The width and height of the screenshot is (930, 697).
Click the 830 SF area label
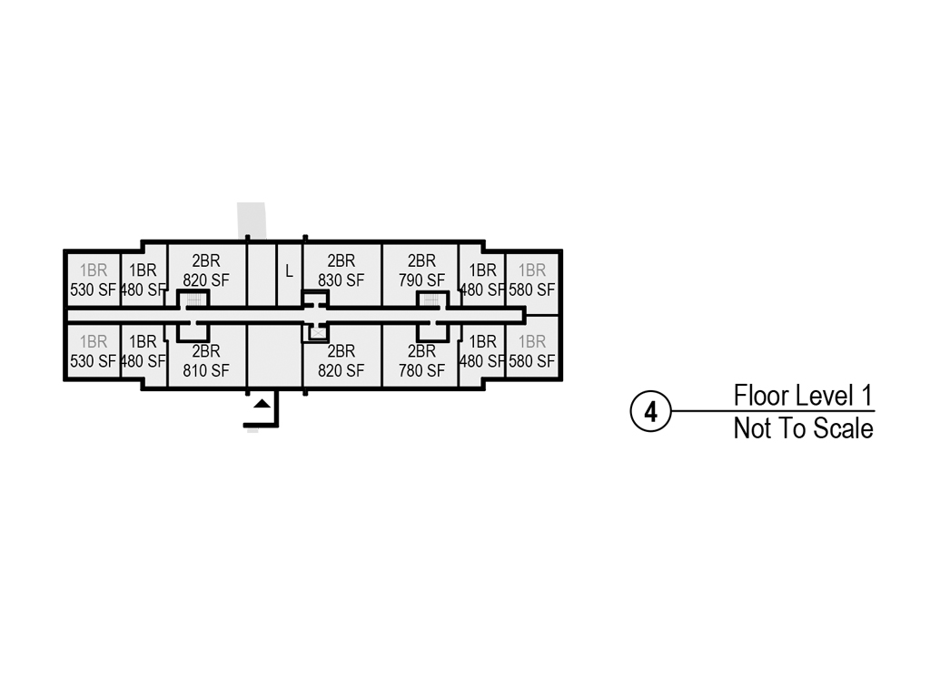click(341, 280)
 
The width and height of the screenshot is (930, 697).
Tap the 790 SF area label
click(421, 280)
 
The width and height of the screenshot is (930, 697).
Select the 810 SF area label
click(206, 371)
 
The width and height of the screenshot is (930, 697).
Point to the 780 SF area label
click(421, 371)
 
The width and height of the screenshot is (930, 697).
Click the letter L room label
click(290, 271)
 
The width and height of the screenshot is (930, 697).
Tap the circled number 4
click(650, 411)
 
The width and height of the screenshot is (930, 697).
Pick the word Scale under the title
click(843, 428)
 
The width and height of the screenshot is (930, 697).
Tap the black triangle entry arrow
click(262, 404)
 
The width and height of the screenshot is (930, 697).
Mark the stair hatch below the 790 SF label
click(431, 300)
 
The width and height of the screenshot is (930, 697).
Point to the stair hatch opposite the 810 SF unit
click(193, 300)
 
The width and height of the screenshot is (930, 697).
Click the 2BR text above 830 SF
click(341, 260)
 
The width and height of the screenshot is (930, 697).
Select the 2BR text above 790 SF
click(421, 260)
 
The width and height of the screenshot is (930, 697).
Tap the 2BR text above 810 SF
click(206, 351)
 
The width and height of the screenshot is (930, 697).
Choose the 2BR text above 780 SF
click(421, 351)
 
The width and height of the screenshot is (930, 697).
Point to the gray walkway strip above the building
click(252, 220)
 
